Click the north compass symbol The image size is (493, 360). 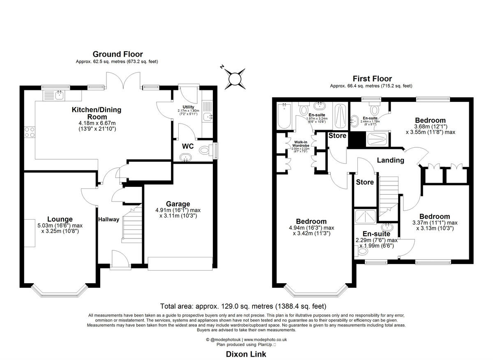point(234,78)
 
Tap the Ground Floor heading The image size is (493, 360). point(117,54)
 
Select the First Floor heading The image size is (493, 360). point(372,78)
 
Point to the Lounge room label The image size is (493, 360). point(60,219)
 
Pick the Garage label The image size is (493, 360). point(178,204)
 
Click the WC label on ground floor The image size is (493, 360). point(188,146)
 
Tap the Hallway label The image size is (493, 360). point(108,219)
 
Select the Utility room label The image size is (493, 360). point(183,107)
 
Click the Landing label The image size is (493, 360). point(390,160)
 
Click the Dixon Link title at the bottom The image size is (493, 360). point(246,354)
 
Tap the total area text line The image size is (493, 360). point(243,306)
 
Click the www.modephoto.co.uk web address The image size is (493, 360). point(265,339)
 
